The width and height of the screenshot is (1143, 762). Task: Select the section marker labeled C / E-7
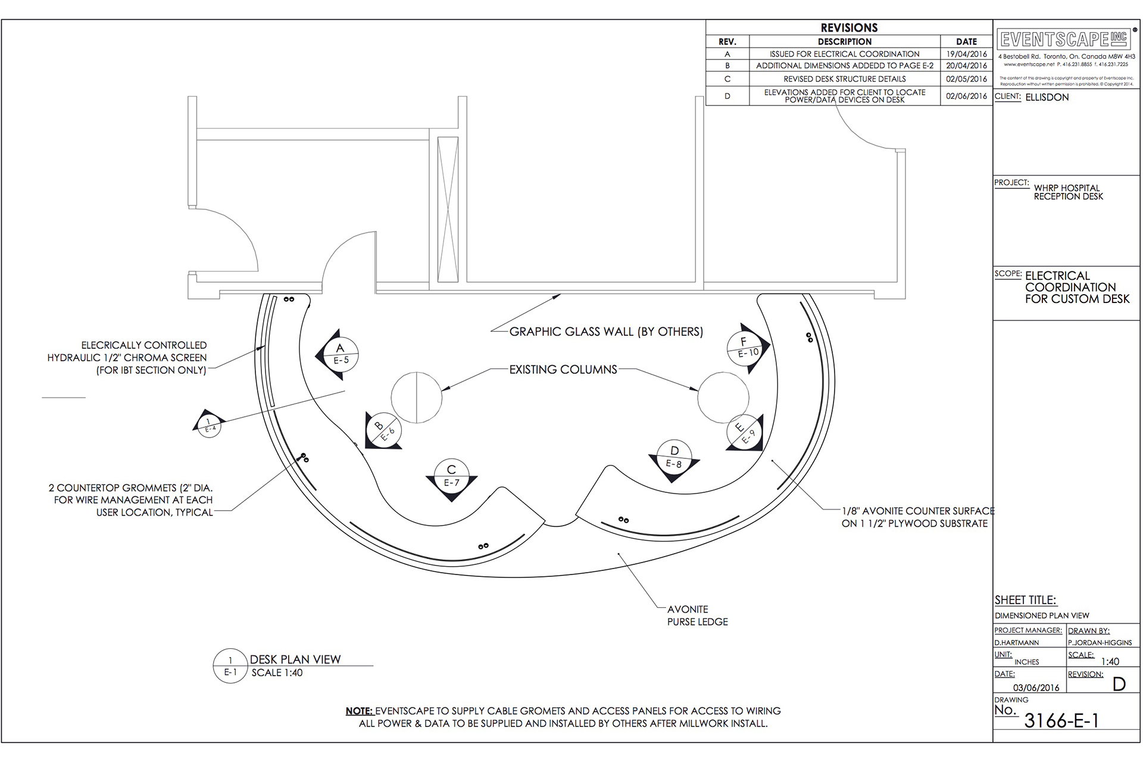click(451, 476)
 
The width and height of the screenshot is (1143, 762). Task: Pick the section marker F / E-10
click(745, 347)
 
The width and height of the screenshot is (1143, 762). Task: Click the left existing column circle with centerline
click(417, 398)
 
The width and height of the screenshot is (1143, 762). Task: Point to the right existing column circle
click(723, 397)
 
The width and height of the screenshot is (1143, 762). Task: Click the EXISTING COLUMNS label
click(563, 370)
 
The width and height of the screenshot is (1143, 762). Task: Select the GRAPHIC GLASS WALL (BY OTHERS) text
click(606, 332)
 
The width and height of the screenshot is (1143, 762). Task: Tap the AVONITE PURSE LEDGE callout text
click(697, 616)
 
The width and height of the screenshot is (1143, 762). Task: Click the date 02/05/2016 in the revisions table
click(966, 79)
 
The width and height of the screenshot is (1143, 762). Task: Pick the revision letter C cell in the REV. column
click(727, 79)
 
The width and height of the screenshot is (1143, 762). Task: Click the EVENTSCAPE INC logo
click(1064, 39)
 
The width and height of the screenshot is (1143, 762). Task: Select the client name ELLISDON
click(1047, 97)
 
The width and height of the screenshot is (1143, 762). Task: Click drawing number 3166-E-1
click(1061, 721)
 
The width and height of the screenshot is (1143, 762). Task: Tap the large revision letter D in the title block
click(1119, 685)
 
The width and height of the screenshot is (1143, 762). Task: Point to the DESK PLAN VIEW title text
click(295, 660)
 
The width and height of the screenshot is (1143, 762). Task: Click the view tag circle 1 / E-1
click(230, 666)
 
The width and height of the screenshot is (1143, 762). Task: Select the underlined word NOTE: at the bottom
click(360, 711)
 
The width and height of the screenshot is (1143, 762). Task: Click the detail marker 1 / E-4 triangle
click(208, 424)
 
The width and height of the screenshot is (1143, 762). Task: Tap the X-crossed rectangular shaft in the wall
click(448, 210)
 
